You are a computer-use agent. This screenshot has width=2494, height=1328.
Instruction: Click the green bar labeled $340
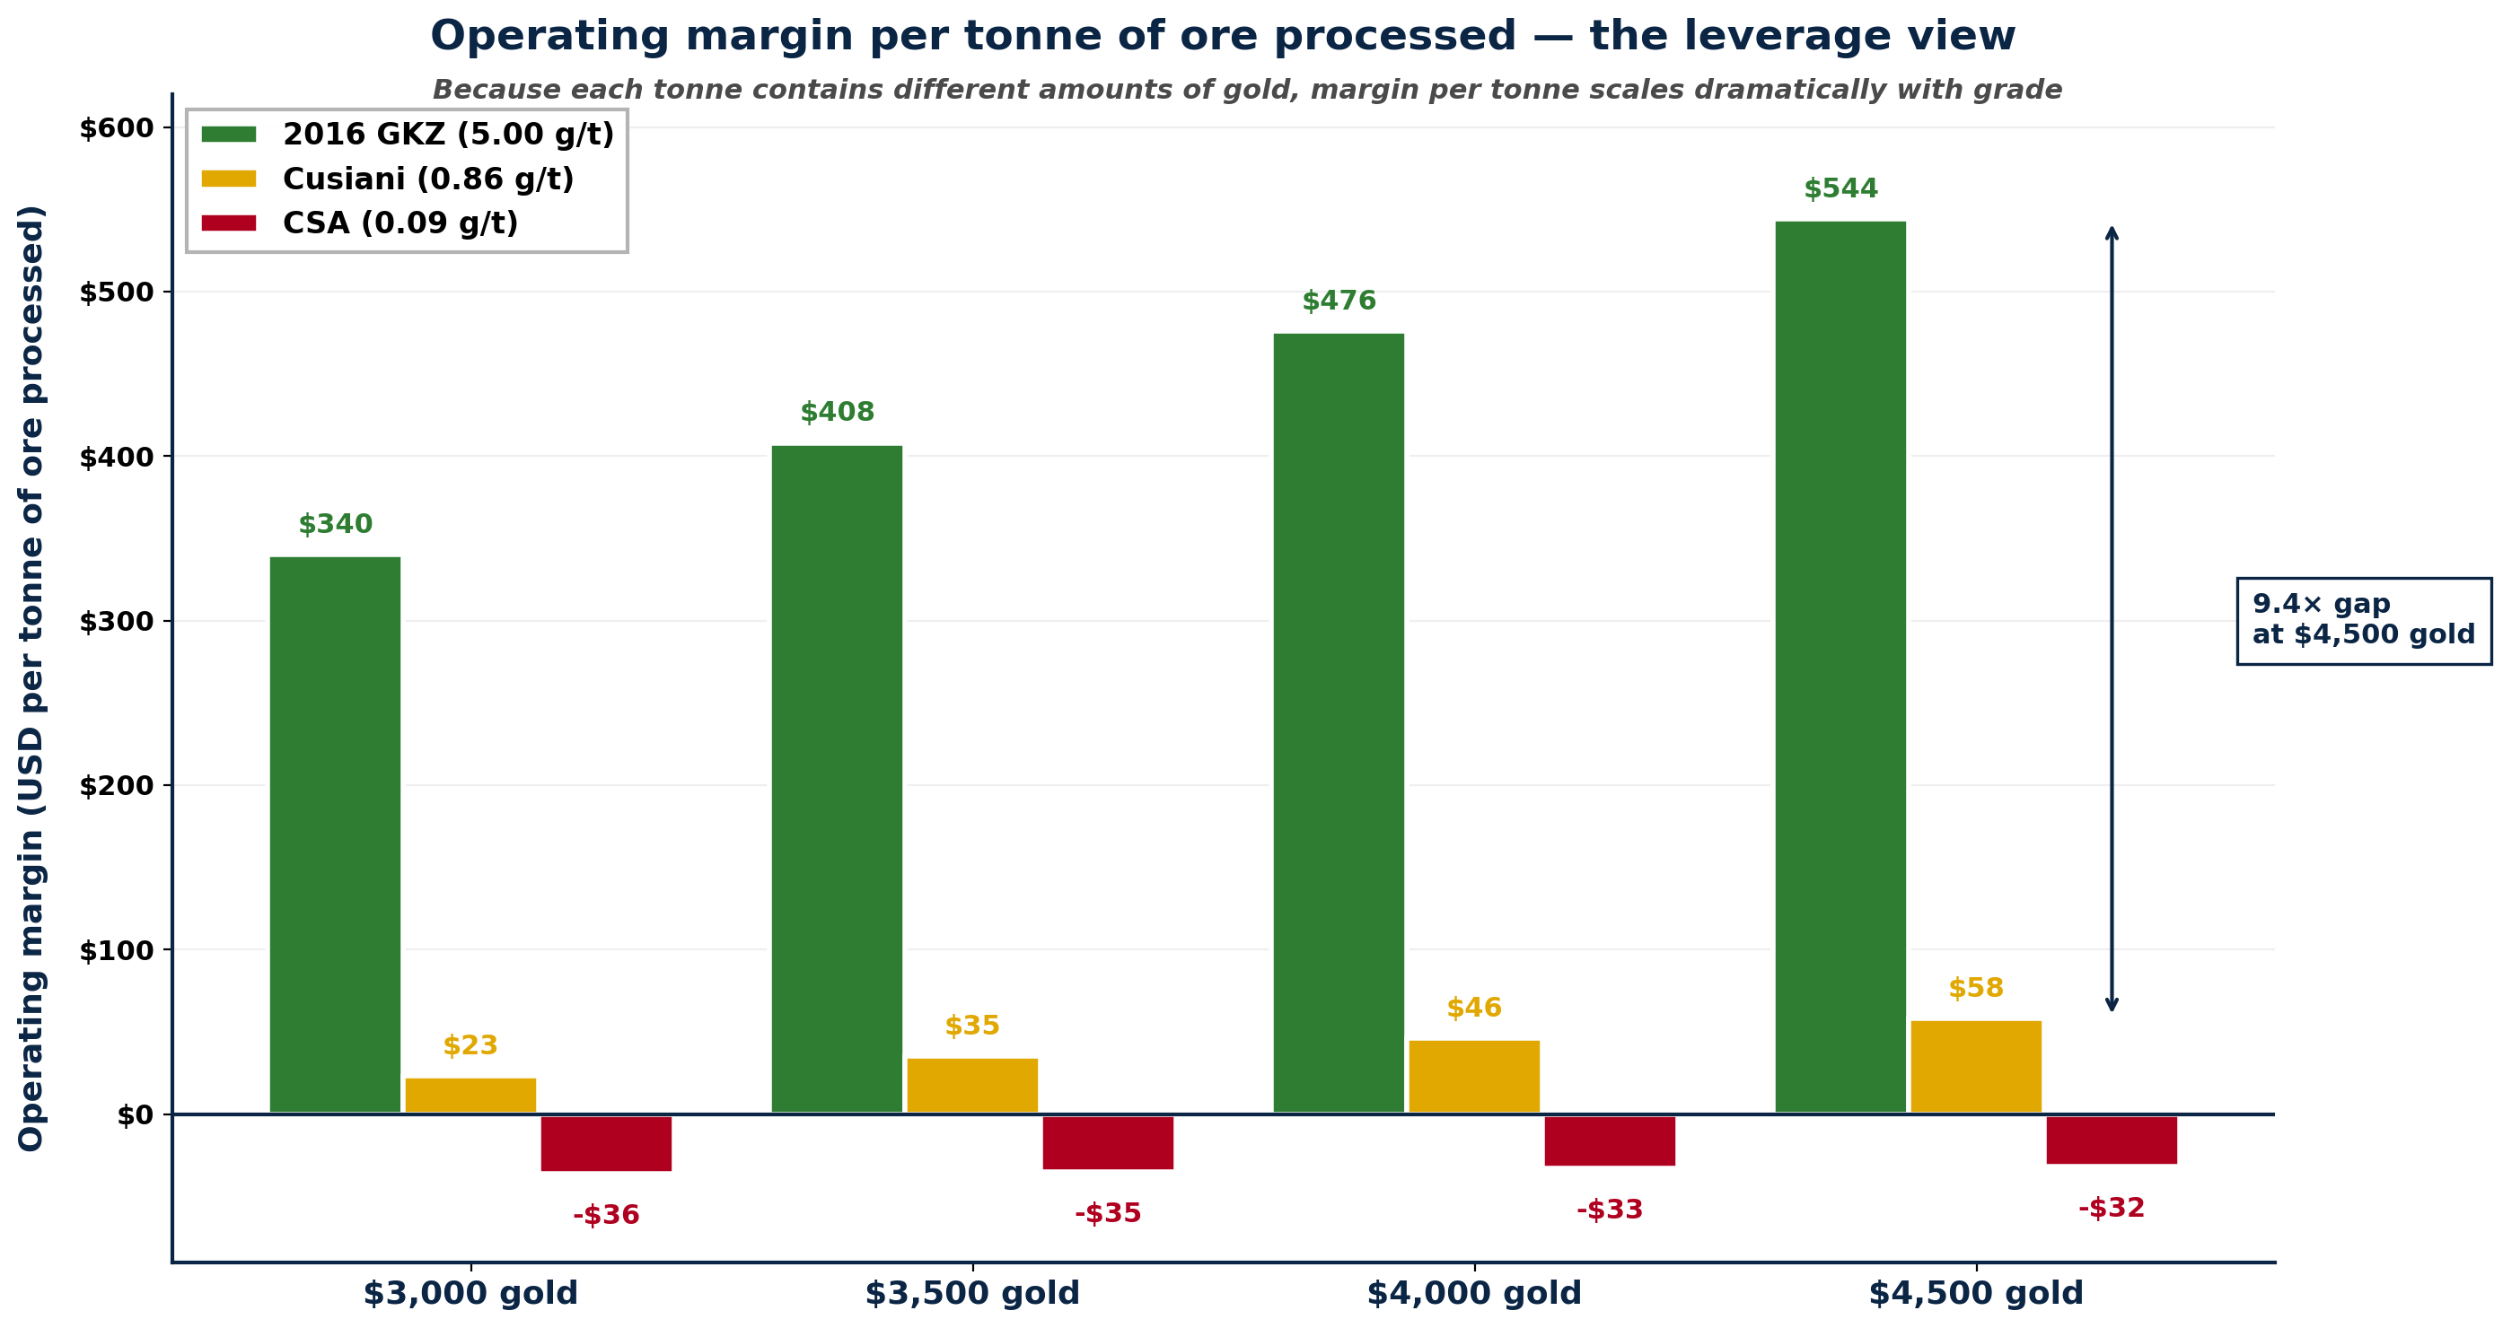tap(335, 834)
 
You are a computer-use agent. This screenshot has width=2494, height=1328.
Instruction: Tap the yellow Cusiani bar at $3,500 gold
tap(972, 1085)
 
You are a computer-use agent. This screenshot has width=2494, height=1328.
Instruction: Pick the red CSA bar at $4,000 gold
tap(1609, 1140)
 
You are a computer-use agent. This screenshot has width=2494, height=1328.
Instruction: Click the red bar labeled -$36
tap(606, 1143)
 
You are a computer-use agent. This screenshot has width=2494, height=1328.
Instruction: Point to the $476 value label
tap(1338, 301)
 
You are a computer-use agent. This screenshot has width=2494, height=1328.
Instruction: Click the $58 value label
tap(1975, 988)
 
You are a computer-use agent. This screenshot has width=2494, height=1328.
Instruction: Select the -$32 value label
tap(2111, 1208)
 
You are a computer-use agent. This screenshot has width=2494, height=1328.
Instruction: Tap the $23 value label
tap(470, 1045)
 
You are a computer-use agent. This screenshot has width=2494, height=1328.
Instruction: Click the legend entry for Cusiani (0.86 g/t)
tap(428, 179)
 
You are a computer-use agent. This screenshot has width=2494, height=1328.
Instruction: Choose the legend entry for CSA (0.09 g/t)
tap(400, 223)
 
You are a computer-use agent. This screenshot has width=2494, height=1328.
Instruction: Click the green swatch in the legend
tap(229, 135)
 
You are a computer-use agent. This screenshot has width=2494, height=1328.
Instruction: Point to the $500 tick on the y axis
tap(117, 293)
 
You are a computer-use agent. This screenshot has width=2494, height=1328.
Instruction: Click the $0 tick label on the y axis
tap(135, 1115)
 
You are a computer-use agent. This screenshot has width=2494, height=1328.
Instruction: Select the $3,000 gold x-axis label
tap(470, 1293)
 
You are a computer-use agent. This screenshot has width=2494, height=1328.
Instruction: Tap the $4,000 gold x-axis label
tap(1473, 1293)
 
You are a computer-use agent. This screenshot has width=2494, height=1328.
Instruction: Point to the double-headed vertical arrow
tap(2112, 619)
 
